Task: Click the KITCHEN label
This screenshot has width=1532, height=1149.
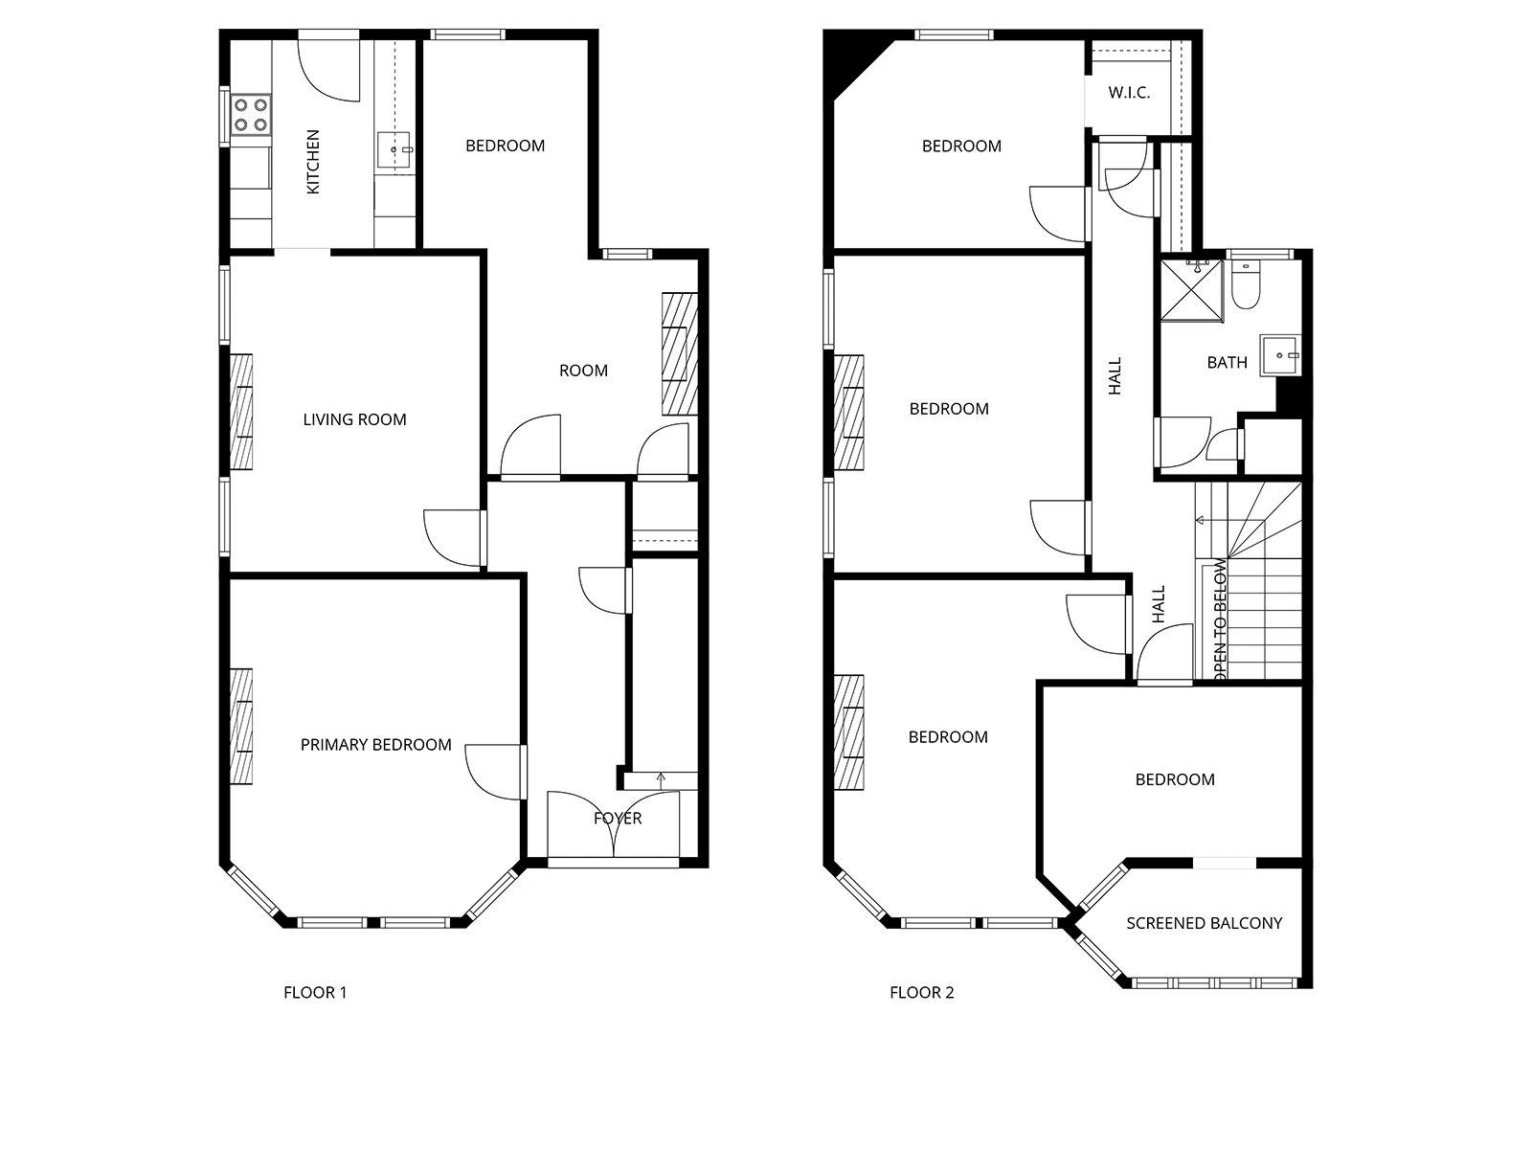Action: pos(313,162)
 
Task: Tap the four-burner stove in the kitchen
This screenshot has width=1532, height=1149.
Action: pos(251,115)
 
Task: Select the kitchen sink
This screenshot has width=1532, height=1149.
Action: pos(394,150)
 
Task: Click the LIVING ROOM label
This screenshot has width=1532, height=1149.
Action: pos(354,419)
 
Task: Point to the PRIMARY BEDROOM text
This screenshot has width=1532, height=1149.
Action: pos(375,744)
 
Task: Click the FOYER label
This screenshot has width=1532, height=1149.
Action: pos(617,818)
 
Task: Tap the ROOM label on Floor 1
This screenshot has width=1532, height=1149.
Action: pos(583,371)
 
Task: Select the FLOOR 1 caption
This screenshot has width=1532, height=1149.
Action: pos(315,992)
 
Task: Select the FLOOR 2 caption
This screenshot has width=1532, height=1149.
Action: pos(921,992)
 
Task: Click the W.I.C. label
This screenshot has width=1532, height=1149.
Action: pos(1129,92)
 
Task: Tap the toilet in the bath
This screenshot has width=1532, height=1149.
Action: pos(1246,284)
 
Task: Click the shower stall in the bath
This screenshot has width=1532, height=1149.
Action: pos(1192,291)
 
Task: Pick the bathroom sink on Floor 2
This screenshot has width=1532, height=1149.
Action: pos(1280,356)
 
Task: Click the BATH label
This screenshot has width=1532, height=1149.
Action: pos(1227,362)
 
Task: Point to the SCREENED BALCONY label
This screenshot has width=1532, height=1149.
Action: pos(1204,923)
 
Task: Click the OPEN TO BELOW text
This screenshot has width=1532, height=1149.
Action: pos(1219,620)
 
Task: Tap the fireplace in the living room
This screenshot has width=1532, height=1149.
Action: pos(241,412)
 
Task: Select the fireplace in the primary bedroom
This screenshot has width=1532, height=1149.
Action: pos(241,726)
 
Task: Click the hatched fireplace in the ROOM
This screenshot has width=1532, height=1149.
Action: pos(680,354)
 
